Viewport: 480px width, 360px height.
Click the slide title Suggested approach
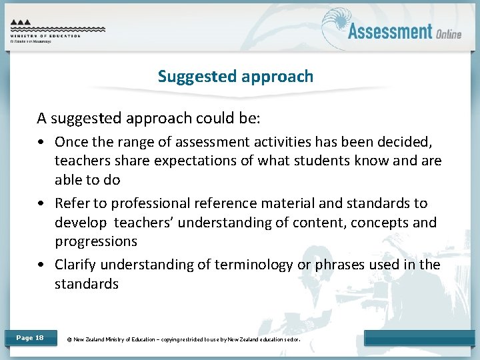tap(235, 77)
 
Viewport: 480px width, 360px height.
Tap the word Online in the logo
tap(449, 33)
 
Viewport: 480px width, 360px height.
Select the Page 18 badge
tap(30, 338)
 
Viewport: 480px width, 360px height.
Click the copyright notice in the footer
tap(184, 339)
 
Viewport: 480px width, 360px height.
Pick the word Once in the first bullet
tap(71, 142)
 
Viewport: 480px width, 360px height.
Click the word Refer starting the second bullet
tap(71, 203)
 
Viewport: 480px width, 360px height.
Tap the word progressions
tap(96, 241)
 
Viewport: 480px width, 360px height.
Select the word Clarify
tap(77, 265)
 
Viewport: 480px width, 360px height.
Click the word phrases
tap(343, 265)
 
